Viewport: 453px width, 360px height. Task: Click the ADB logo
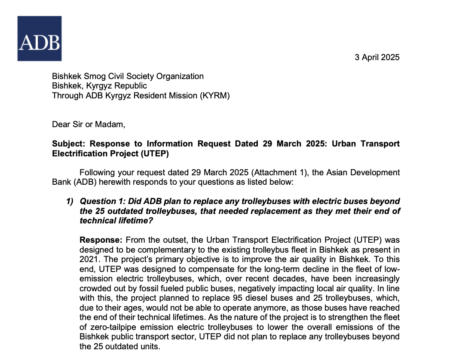coord(39,38)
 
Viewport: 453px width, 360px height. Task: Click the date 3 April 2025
coord(377,57)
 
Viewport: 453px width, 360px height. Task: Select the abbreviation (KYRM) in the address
coord(215,95)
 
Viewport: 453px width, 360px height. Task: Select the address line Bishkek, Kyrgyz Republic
coord(99,86)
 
